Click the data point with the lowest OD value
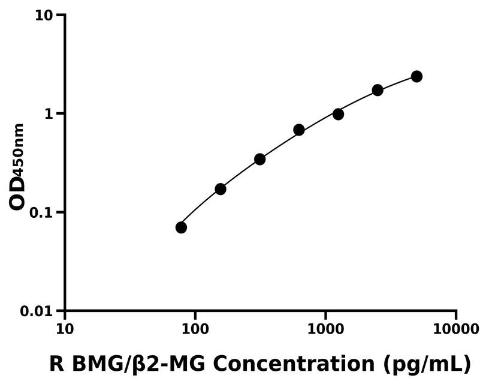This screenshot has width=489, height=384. click(181, 227)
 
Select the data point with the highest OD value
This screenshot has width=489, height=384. click(416, 76)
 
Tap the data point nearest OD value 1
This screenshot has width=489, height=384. click(338, 114)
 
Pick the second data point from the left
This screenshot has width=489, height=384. click(221, 189)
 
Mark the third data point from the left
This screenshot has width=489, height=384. click(259, 159)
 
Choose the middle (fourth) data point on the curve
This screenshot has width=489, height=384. click(299, 130)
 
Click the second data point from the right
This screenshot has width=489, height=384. click(378, 90)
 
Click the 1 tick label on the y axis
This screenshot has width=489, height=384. click(49, 114)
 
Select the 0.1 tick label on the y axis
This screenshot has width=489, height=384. click(41, 213)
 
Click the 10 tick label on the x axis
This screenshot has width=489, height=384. click(65, 329)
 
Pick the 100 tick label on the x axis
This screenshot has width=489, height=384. click(195, 329)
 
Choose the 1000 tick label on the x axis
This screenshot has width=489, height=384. click(325, 329)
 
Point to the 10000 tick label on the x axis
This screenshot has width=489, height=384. click(456, 329)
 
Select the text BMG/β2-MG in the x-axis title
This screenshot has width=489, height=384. click(138, 364)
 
